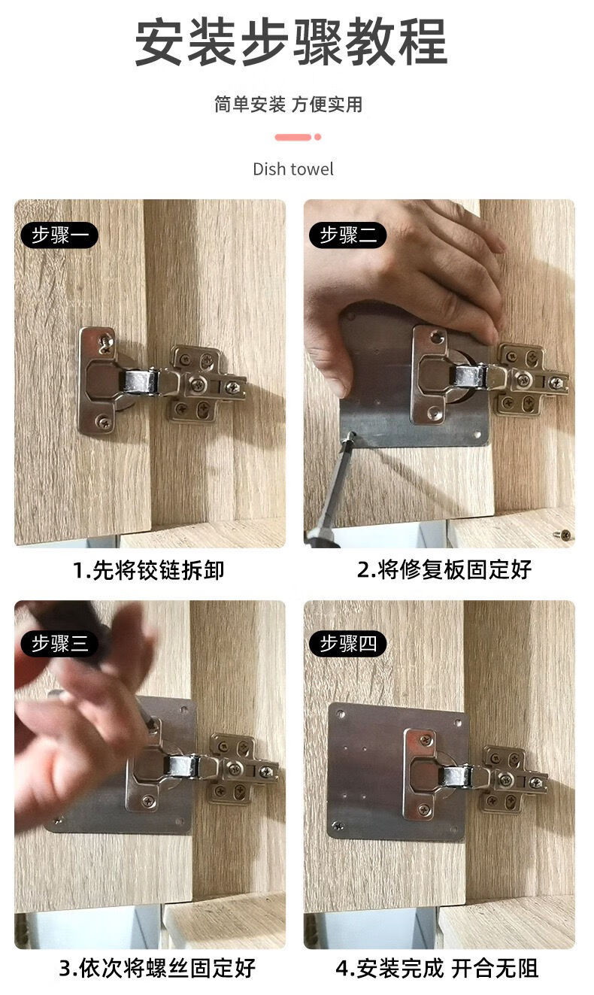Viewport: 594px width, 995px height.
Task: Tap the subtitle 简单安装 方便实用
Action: click(x=288, y=105)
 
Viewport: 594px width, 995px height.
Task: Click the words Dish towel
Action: click(x=292, y=169)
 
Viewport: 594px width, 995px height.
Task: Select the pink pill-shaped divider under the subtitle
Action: click(x=293, y=137)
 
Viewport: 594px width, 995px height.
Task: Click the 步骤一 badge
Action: click(x=59, y=235)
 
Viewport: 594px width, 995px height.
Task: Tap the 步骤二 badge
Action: click(x=347, y=235)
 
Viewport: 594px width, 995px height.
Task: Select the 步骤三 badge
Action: click(x=59, y=644)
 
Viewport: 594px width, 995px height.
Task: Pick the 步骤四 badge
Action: click(x=347, y=644)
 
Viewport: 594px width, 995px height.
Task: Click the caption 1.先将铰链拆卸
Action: click(x=149, y=570)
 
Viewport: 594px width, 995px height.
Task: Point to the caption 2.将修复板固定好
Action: click(x=444, y=570)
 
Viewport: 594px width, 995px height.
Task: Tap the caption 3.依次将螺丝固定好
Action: click(x=157, y=967)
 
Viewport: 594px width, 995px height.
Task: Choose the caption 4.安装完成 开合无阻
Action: click(x=437, y=967)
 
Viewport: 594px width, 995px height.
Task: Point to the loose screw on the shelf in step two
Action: click(x=565, y=535)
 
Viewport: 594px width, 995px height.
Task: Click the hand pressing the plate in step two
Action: click(x=406, y=263)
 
